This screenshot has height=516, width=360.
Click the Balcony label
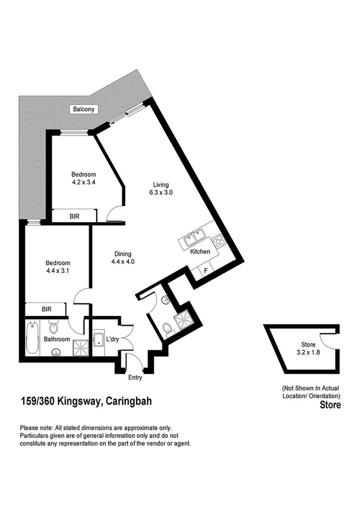pos(84,109)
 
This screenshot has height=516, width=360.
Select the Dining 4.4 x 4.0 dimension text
pos(123,262)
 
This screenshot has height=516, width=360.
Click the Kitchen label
pos(200,251)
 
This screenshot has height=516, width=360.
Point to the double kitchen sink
pos(193,236)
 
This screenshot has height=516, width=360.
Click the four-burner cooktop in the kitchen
pos(219,240)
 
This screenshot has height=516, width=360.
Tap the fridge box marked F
pos(206,271)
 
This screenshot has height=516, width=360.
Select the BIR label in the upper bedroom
pos(74,216)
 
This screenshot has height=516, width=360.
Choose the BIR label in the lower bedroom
pos(47,309)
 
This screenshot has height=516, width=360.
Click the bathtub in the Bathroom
pos(32,339)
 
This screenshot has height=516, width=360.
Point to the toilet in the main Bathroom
pos(54,328)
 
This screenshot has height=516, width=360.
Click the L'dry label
pos(112,339)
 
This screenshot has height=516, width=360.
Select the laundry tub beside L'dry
pos(99,340)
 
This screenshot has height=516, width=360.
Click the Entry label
pos(135,377)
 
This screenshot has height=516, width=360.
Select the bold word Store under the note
pos(330,405)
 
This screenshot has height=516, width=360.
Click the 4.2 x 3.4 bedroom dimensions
pos(84,182)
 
